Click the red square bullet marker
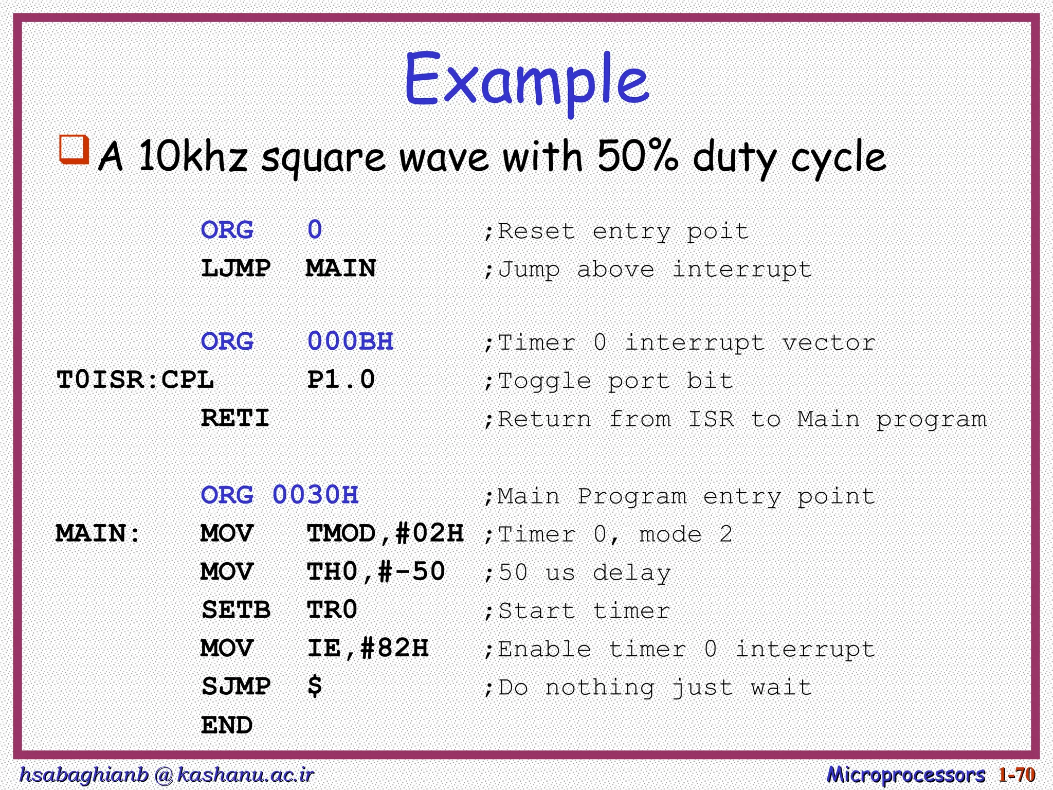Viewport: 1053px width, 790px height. point(74,149)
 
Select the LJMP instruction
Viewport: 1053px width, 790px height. point(235,268)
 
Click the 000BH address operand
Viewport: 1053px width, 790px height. point(350,342)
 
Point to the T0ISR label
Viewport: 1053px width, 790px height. point(101,380)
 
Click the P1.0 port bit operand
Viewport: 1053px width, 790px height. point(341,380)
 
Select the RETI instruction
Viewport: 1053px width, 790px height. point(235,418)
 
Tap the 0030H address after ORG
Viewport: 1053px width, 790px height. point(315,495)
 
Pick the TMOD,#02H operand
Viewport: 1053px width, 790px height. point(385,533)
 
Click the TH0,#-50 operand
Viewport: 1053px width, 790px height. point(376,572)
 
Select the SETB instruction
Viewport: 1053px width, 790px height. point(235,611)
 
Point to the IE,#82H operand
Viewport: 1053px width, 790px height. point(368,649)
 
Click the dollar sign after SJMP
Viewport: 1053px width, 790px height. point(315,687)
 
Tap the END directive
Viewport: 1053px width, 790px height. point(227,725)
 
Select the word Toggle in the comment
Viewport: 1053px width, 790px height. point(544,381)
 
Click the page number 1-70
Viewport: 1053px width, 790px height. point(1016,774)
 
